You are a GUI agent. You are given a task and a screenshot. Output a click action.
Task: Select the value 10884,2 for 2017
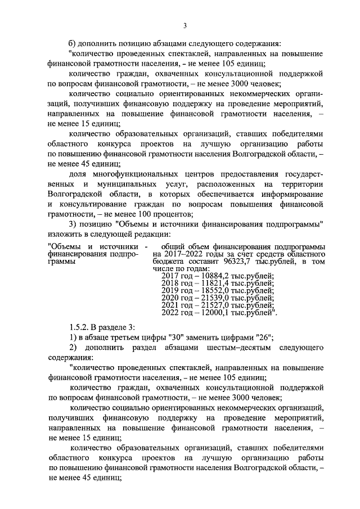pyautogui.click(x=212, y=276)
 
